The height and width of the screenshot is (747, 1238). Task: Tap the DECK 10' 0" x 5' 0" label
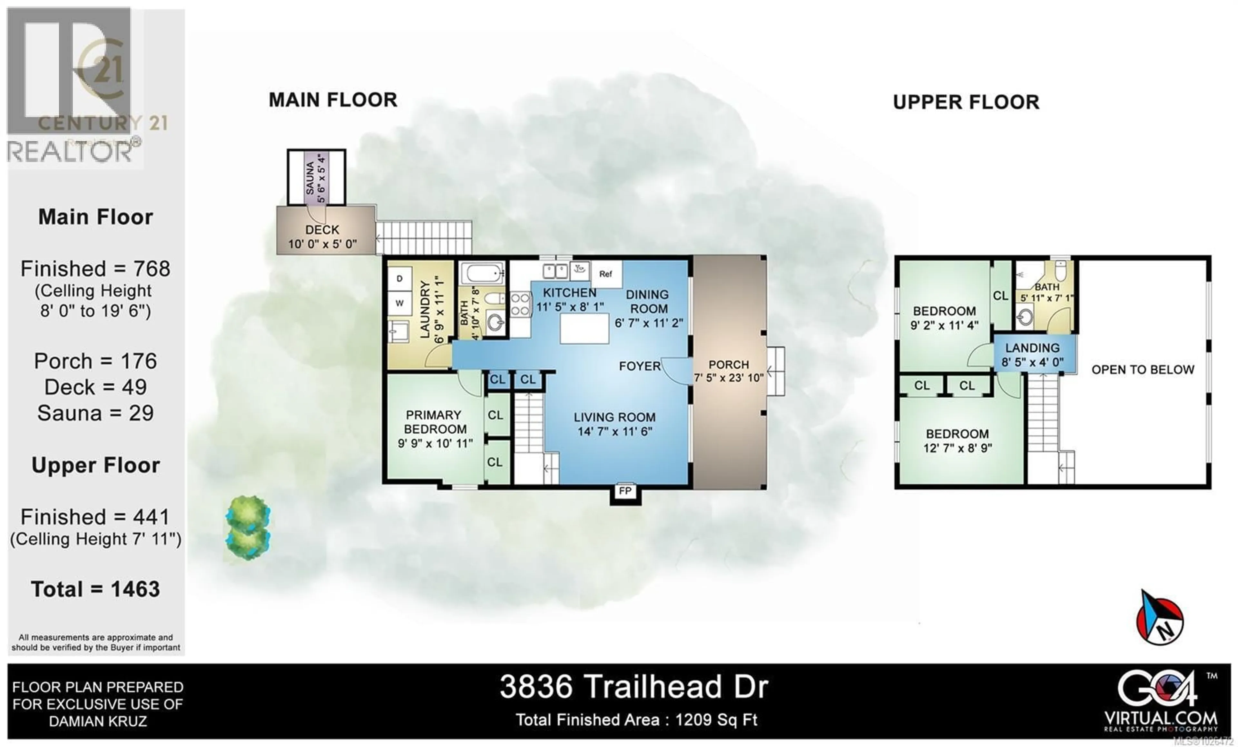[x=322, y=237]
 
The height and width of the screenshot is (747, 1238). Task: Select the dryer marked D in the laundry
[x=399, y=278]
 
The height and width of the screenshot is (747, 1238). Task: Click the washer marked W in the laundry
[x=399, y=303]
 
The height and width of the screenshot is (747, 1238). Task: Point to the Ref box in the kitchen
[x=606, y=274]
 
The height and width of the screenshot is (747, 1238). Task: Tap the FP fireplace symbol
[x=625, y=491]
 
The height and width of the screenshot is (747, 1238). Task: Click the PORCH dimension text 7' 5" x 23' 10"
[x=729, y=377]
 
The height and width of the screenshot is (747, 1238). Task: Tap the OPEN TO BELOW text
[x=1143, y=370]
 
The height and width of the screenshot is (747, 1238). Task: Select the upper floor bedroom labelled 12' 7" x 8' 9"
[x=957, y=440]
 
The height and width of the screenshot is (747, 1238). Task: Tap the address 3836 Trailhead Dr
[x=634, y=687]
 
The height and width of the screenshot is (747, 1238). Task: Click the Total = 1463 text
[x=95, y=589]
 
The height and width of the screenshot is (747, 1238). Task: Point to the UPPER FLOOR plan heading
[x=966, y=102]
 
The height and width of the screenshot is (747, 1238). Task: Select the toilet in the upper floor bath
[x=1060, y=272]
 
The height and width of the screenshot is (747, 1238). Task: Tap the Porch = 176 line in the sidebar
[x=95, y=361]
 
